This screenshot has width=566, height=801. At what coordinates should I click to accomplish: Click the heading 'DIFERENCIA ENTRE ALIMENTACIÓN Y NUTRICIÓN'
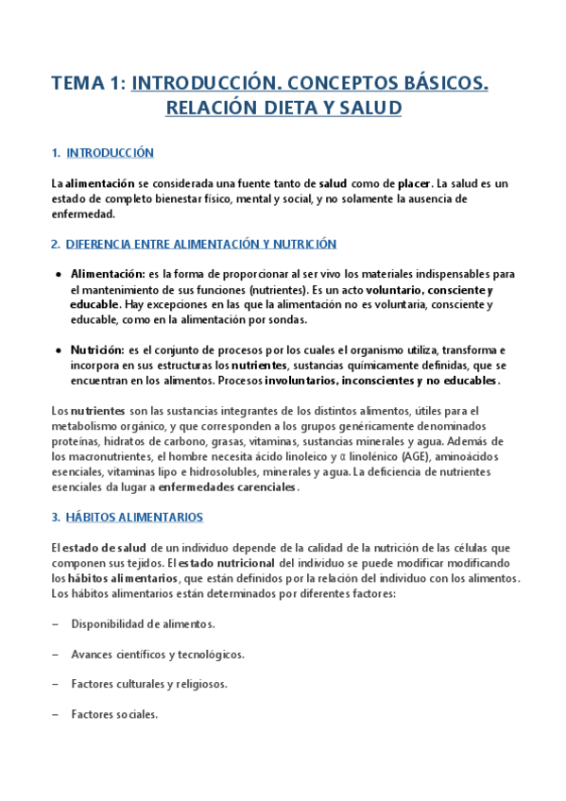(x=200, y=244)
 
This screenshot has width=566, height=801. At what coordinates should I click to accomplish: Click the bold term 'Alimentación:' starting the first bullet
(x=107, y=274)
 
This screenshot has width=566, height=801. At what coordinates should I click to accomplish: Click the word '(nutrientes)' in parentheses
(x=282, y=290)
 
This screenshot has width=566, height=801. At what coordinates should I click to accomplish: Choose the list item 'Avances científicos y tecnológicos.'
(x=158, y=654)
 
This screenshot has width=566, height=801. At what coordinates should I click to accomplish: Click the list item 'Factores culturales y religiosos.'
(x=148, y=684)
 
